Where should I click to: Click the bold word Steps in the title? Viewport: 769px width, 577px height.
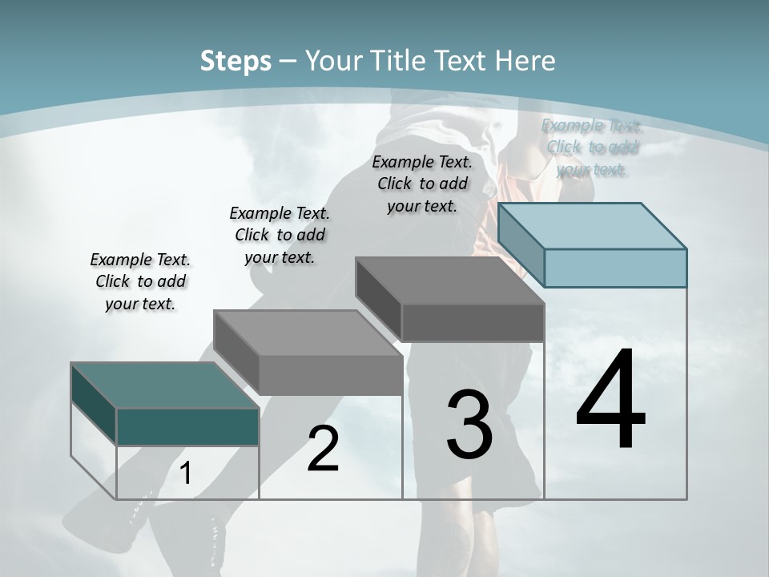(x=236, y=61)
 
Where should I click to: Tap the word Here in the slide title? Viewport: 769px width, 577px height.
(x=526, y=61)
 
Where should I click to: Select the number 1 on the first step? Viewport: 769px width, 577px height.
(x=186, y=474)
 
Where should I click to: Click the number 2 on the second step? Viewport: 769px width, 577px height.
(x=323, y=449)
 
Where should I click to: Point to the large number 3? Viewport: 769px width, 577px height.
(x=469, y=425)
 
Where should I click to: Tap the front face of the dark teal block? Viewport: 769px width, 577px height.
(x=187, y=426)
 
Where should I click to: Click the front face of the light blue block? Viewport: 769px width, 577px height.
(x=615, y=268)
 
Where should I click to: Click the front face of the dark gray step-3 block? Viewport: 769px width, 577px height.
(x=473, y=322)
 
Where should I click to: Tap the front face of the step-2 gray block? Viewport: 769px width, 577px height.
(x=330, y=375)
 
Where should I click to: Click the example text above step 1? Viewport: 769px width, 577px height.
(x=140, y=281)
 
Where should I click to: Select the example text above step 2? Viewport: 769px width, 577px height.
(x=280, y=235)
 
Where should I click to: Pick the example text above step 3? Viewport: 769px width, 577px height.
(x=422, y=184)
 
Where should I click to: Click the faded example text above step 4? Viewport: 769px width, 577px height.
(x=592, y=147)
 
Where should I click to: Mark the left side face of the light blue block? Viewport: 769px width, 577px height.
(x=521, y=244)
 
